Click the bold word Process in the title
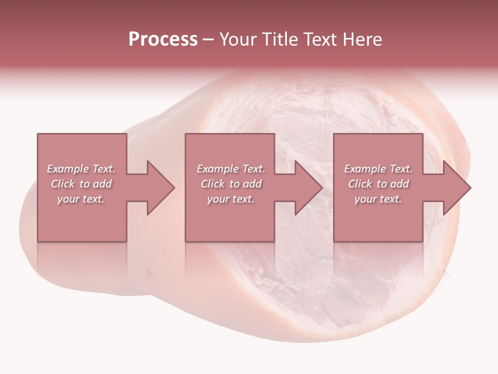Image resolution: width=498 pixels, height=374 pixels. click(163, 39)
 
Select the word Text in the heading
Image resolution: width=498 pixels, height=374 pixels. click(320, 39)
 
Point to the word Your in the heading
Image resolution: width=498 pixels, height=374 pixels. click(239, 39)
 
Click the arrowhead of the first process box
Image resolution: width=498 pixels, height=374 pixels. click(161, 188)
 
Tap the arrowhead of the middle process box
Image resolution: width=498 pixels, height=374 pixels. click(309, 188)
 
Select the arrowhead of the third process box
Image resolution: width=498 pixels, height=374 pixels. click(457, 188)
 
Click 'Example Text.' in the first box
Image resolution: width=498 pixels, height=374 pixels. click(81, 169)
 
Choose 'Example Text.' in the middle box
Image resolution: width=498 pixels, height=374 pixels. click(230, 169)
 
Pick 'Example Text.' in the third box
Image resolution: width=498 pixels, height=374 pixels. click(378, 169)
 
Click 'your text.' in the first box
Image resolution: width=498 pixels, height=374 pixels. click(81, 199)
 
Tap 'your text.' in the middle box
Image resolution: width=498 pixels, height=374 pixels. click(230, 199)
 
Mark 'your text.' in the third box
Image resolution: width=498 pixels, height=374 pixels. click(378, 199)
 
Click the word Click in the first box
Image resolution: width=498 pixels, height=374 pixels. click(62, 184)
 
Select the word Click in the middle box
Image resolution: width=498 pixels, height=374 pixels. click(212, 184)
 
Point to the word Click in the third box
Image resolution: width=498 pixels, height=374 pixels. click(359, 184)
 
